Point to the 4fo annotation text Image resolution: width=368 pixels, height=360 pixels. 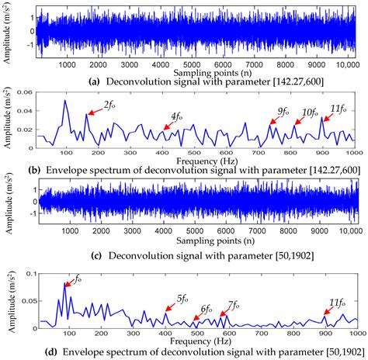pyautogui.click(x=178, y=118)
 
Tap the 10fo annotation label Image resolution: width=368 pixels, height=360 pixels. pyautogui.click(x=308, y=112)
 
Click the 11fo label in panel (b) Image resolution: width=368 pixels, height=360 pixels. pyautogui.click(x=337, y=109)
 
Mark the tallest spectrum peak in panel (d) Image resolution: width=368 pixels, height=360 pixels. pyautogui.click(x=65, y=284)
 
